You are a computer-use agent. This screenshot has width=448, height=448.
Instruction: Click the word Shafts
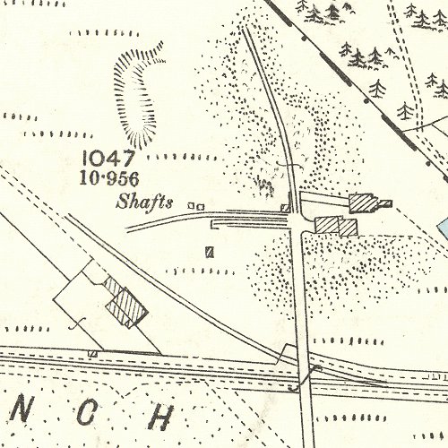143,202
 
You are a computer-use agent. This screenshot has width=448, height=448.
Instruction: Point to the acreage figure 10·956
127,177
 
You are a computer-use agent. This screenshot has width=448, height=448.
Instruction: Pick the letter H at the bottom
162,417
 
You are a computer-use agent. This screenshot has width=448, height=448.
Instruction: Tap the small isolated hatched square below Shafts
211,251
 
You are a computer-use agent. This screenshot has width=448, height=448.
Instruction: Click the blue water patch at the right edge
443,228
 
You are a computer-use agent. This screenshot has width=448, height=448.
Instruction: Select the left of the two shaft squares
190,205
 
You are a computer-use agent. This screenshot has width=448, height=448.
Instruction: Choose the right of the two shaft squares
199,205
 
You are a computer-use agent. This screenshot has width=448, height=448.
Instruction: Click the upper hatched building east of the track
363,202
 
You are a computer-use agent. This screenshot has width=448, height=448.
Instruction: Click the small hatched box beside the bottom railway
92,353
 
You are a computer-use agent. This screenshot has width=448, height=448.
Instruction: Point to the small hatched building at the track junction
286,208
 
